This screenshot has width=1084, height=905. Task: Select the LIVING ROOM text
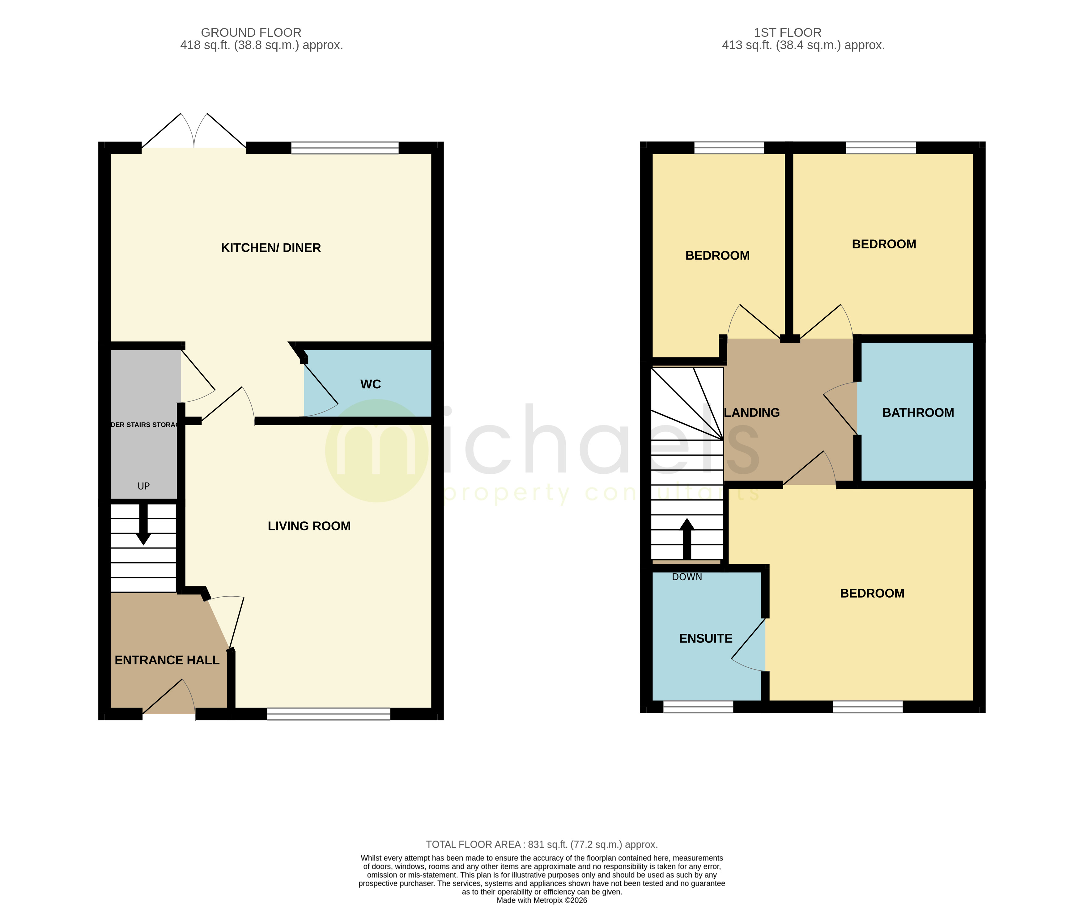click(x=309, y=526)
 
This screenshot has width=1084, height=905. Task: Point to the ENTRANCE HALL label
click(x=167, y=660)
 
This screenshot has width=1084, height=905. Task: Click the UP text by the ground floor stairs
click(x=143, y=486)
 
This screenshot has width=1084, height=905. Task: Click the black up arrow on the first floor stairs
click(x=687, y=538)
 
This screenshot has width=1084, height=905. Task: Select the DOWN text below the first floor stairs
click(x=687, y=577)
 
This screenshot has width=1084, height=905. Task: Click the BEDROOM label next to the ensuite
click(x=872, y=593)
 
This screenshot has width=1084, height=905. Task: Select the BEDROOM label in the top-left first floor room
click(x=717, y=256)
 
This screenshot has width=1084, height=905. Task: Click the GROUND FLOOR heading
click(x=251, y=32)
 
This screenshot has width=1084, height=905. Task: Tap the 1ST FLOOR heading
click(x=787, y=32)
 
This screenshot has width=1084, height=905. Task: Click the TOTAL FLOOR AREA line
click(x=542, y=845)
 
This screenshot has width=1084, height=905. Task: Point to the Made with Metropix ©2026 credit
click(x=542, y=900)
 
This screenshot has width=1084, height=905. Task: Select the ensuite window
click(x=698, y=707)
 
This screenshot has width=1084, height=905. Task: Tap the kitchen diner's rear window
click(x=345, y=148)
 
